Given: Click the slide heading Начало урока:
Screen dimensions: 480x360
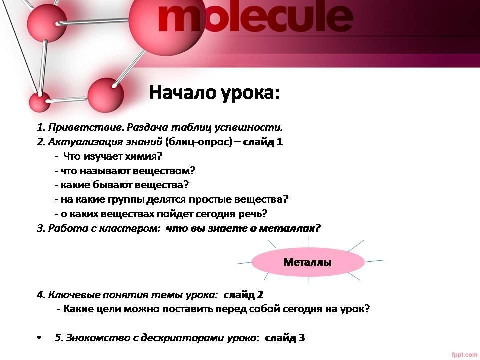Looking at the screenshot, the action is (215, 92).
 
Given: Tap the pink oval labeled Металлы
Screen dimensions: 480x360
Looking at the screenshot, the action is (308, 262).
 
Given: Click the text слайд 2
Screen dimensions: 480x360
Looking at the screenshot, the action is (243, 295).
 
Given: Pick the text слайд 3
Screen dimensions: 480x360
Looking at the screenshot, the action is (285, 338).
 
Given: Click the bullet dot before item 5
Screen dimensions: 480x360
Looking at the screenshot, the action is (39, 338).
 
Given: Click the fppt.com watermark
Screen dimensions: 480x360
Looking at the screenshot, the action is (464, 355).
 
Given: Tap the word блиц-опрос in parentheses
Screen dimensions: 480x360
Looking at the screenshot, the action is (199, 142).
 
